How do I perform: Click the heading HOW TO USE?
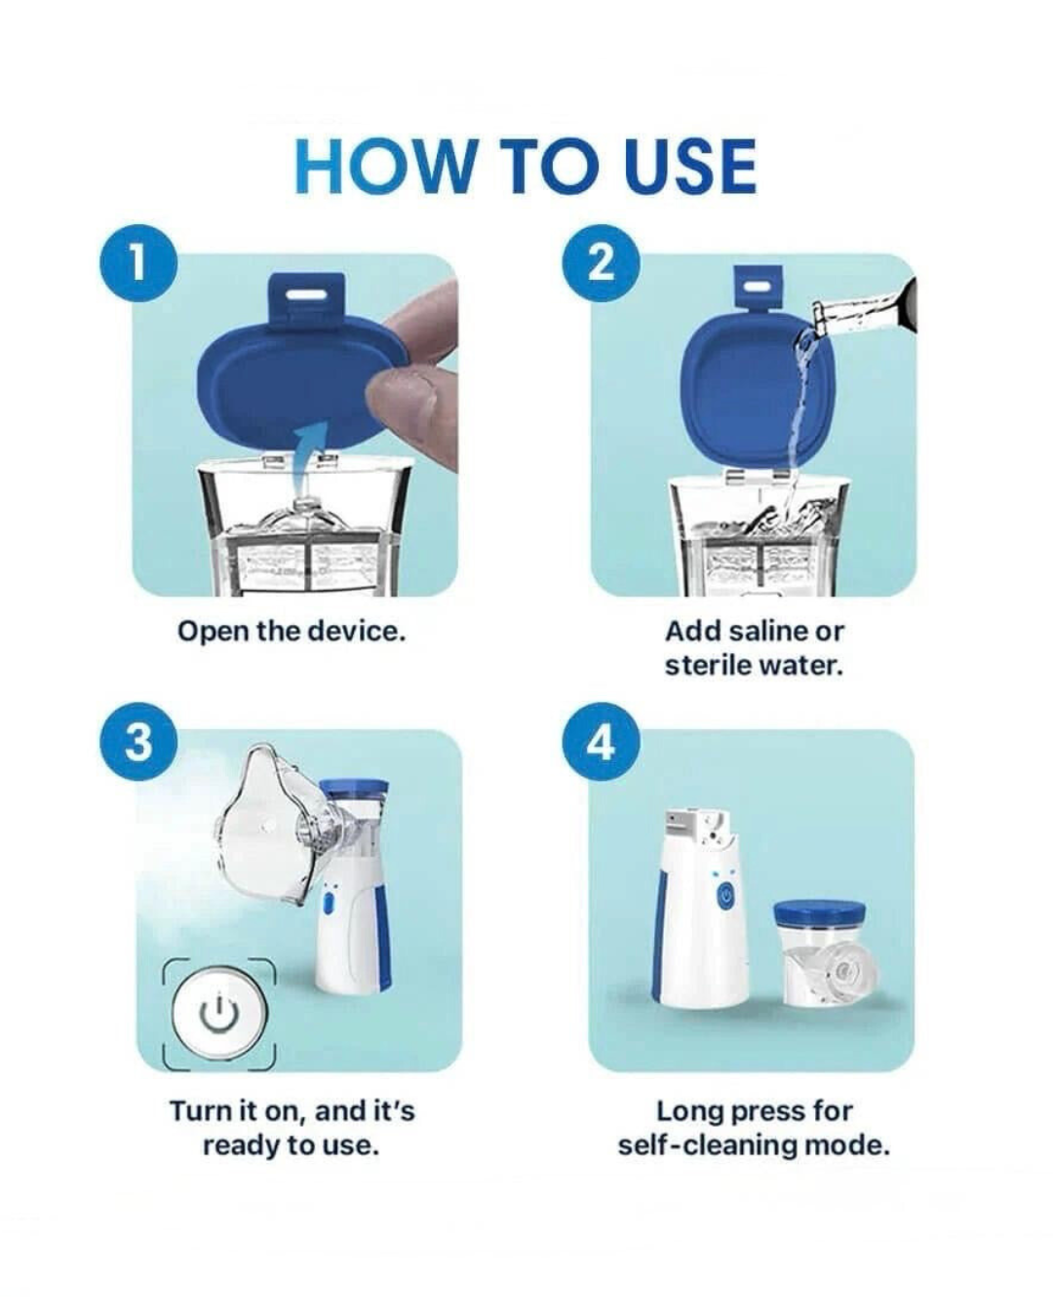coord(526,166)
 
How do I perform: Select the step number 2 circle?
coord(602,261)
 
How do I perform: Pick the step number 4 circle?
coord(602,742)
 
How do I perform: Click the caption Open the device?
coord(291,632)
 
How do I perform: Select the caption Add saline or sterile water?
coord(754,648)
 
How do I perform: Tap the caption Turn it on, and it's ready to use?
coord(291,1127)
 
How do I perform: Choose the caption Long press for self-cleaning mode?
coord(754,1127)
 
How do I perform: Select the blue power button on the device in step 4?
coord(724,897)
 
